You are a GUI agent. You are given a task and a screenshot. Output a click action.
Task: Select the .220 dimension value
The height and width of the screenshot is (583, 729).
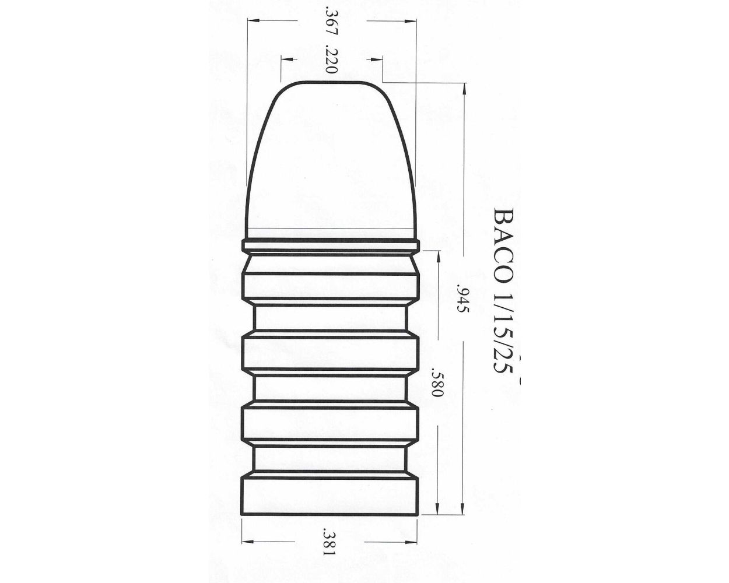(330, 59)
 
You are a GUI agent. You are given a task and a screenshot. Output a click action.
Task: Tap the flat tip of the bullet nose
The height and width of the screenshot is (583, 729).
(331, 83)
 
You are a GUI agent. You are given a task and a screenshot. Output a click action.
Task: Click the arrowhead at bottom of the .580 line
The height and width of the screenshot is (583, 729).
(437, 511)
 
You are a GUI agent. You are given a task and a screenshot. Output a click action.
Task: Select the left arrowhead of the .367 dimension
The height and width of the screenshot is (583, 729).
(250, 21)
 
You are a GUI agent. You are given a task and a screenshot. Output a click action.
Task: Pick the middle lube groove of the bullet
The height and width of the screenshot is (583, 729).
(330, 387)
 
